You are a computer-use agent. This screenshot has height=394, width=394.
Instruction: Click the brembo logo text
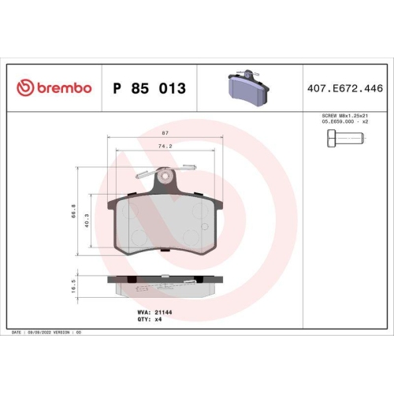pos(64,88)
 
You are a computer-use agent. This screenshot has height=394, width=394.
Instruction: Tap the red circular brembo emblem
pos(24,88)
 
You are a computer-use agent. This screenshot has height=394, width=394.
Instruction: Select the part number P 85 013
pos(150,88)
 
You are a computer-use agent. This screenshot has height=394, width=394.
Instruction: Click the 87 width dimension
pos(162,135)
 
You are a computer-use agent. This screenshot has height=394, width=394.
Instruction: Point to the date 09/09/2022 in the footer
pos(40,334)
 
